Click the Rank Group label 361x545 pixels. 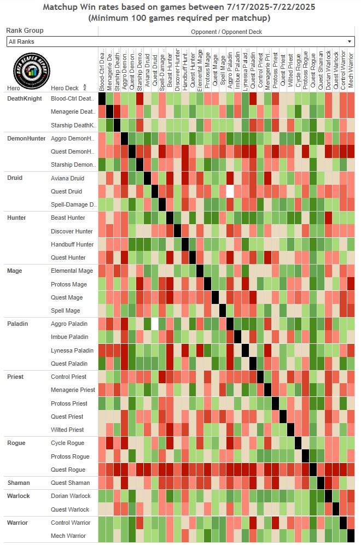(25, 31)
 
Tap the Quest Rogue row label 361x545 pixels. (68, 470)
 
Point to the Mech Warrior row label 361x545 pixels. (69, 536)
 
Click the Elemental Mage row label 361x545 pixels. (72, 271)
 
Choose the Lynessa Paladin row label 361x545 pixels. (72, 350)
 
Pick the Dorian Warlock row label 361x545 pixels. (71, 496)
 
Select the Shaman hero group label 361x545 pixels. (18, 483)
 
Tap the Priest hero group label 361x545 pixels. (15, 377)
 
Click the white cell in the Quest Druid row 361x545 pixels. (230, 191)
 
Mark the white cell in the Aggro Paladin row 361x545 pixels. (155, 324)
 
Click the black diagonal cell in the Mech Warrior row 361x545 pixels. (350, 536)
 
